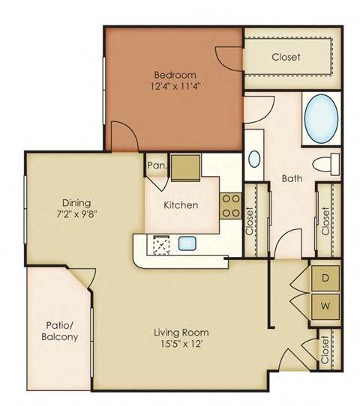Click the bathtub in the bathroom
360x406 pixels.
click(x=322, y=119)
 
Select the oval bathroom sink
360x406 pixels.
click(x=254, y=159)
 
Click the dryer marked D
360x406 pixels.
click(x=325, y=277)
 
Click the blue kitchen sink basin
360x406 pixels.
click(x=187, y=243)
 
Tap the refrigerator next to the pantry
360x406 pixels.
click(x=185, y=168)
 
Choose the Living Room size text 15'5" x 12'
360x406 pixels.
click(x=181, y=346)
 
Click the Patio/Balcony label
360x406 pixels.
click(x=56, y=331)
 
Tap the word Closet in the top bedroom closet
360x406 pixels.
click(x=286, y=57)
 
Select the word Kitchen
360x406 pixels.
click(x=181, y=204)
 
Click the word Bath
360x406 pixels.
click(x=292, y=179)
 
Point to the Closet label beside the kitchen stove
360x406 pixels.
click(x=250, y=220)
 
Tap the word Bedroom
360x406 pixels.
click(x=175, y=74)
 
